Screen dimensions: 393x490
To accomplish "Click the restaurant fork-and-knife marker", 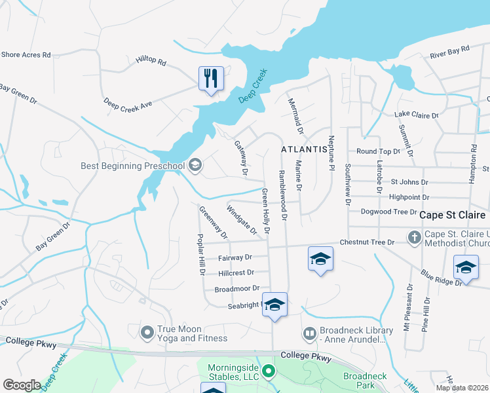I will [x=211, y=79].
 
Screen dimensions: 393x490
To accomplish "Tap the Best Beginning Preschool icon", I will [x=195, y=165].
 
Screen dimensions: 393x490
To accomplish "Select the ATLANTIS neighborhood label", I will [x=304, y=149].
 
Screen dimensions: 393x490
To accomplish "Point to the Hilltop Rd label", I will [x=151, y=63].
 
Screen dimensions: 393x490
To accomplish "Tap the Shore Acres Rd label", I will [x=26, y=55].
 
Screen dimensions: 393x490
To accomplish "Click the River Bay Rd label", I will [x=449, y=50].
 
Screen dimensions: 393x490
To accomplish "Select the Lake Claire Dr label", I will [x=416, y=115].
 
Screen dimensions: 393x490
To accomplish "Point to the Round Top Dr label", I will [x=378, y=151].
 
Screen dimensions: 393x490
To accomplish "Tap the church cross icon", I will [x=414, y=236].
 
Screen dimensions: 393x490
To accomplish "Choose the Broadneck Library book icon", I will [x=309, y=334].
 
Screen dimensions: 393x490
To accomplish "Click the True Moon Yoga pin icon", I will [x=147, y=332].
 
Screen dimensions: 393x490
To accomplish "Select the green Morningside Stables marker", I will [x=268, y=372].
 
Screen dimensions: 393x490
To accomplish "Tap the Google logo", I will [x=22, y=385].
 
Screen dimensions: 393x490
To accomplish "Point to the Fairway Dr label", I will [x=235, y=258].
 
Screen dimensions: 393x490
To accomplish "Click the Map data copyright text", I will [x=461, y=388].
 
